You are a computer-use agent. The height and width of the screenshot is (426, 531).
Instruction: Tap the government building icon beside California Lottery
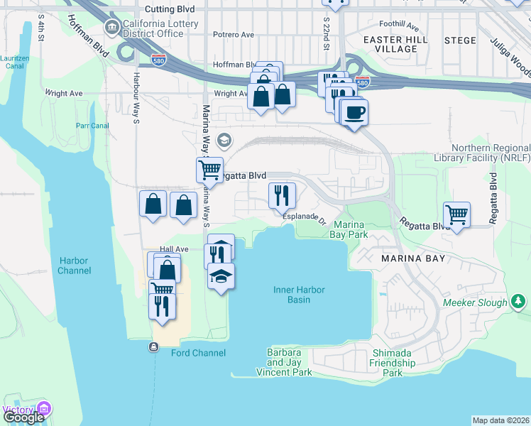111,28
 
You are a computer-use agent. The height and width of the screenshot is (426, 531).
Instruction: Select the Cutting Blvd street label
168,9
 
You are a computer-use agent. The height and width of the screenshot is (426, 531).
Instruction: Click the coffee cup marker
354,111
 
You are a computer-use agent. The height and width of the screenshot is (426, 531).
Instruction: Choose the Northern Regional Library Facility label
480,153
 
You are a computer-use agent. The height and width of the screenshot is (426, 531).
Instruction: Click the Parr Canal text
92,126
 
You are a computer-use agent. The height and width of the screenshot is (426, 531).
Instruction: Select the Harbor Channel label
75,266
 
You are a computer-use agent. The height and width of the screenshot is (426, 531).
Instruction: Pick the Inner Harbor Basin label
292,294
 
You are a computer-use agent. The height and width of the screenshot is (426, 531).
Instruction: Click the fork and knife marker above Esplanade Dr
282,194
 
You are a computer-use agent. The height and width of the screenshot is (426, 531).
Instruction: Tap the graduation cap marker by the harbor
221,275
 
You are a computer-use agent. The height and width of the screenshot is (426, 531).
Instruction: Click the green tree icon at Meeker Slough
518,302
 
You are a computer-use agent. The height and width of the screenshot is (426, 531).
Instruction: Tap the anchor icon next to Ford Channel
154,347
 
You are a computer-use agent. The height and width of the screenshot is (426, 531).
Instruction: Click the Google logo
23,417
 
